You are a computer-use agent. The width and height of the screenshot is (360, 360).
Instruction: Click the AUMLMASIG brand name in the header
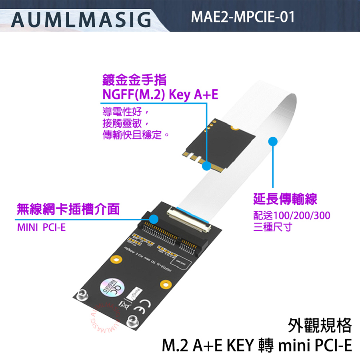82,19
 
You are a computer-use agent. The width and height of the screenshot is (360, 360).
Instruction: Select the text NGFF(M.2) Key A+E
160,95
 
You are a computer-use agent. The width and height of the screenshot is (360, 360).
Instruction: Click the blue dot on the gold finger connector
206,166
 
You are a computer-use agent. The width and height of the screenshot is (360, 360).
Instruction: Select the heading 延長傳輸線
286,198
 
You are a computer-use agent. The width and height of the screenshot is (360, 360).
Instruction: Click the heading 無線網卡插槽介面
68,208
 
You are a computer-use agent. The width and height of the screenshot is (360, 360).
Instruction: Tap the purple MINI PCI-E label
41,228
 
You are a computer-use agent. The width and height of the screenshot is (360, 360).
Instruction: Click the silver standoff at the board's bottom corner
132,321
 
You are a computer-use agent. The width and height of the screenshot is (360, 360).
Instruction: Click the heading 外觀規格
320,325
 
